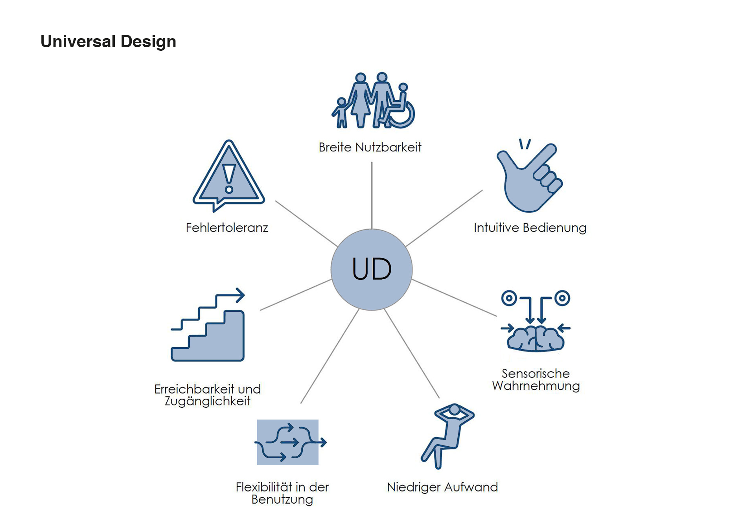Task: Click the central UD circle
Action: (x=372, y=269)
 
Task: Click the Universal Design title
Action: (x=108, y=42)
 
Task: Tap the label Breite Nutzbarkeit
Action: (x=370, y=147)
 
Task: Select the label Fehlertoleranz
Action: (x=227, y=228)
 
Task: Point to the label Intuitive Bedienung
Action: (x=530, y=228)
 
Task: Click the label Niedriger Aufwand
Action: (x=442, y=487)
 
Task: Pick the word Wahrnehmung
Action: (x=536, y=386)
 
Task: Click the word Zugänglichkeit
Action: (x=207, y=401)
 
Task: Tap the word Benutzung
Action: (x=282, y=499)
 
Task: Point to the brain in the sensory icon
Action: (x=536, y=339)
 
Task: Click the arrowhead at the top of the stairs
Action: (x=240, y=295)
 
